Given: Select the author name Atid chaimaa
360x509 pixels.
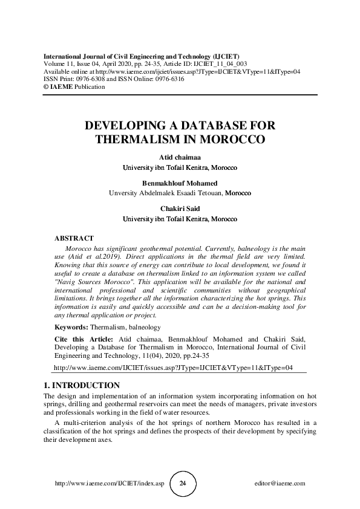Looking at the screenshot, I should pos(180,157).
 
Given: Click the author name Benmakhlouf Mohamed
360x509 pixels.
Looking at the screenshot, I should pos(180,183).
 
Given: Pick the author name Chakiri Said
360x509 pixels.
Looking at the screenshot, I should pos(180,209).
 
